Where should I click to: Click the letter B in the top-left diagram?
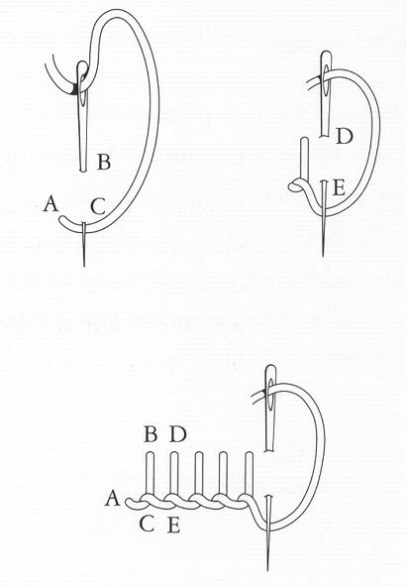click(104, 163)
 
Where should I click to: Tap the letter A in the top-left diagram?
click(51, 204)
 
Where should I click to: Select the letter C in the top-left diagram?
click(98, 206)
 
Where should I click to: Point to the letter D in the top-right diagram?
click(344, 136)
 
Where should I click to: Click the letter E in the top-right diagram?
click(339, 187)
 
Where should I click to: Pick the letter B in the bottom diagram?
click(151, 434)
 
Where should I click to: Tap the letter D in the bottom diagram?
click(177, 434)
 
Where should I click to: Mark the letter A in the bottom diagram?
click(113, 498)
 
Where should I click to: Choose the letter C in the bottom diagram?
click(147, 525)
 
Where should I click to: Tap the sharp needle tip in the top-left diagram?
click(84, 266)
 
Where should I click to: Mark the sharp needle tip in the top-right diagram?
click(323, 256)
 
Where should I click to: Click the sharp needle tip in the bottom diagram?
click(267, 569)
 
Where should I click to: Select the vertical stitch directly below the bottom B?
click(150, 476)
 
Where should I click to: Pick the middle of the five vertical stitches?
click(199, 476)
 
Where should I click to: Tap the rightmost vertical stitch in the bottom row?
click(250, 476)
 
